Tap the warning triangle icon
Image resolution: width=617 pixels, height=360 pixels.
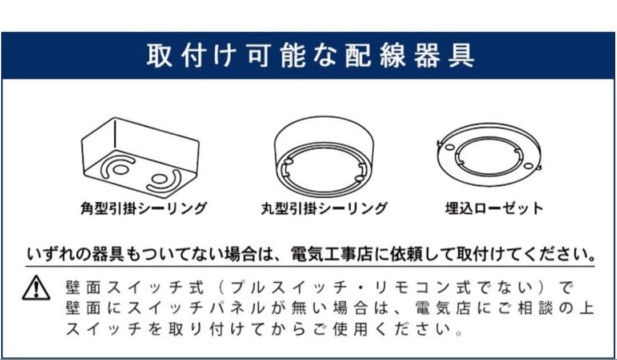pyautogui.click(x=36, y=287)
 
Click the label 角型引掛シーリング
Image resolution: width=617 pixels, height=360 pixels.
pyautogui.click(x=143, y=207)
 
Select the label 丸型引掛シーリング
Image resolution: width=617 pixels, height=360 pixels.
pyautogui.click(x=324, y=207)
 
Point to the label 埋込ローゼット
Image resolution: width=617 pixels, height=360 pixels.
pyautogui.click(x=494, y=207)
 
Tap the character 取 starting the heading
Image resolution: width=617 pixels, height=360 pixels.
pyautogui.click(x=158, y=55)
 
